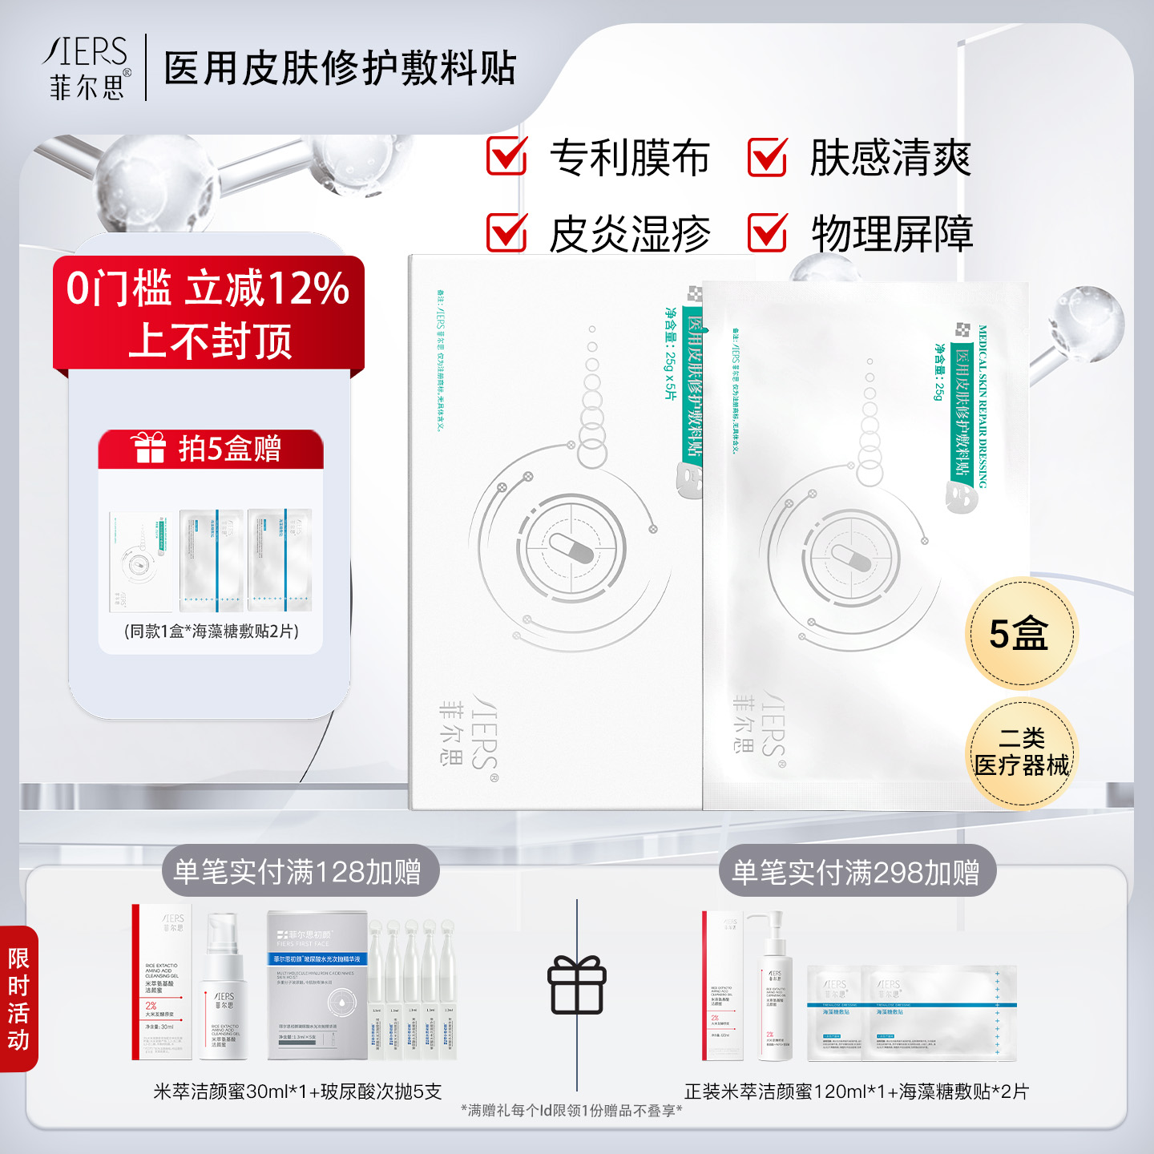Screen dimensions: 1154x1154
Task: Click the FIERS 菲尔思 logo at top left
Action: (87, 68)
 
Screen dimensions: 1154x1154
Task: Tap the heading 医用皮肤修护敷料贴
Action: (340, 68)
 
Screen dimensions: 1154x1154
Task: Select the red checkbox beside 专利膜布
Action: (507, 156)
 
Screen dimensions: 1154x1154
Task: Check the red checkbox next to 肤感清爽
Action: (768, 156)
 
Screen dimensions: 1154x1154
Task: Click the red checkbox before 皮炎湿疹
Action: (507, 232)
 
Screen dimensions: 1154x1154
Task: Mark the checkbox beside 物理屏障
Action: (768, 232)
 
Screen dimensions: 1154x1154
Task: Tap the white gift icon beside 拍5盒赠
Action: (148, 448)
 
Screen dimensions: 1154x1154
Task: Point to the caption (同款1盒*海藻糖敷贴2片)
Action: (212, 631)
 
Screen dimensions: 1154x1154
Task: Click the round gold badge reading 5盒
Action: (1020, 634)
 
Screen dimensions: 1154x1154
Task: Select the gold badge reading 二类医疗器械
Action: (1021, 753)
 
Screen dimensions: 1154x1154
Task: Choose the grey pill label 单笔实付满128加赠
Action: (298, 872)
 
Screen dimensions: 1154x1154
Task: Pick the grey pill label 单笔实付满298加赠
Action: (856, 872)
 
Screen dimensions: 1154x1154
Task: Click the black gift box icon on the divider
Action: (577, 985)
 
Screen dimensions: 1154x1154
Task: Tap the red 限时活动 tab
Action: (18, 999)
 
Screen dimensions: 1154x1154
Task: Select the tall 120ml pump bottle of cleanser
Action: (775, 986)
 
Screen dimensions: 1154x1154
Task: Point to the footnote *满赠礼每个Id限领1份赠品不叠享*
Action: (571, 1111)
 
